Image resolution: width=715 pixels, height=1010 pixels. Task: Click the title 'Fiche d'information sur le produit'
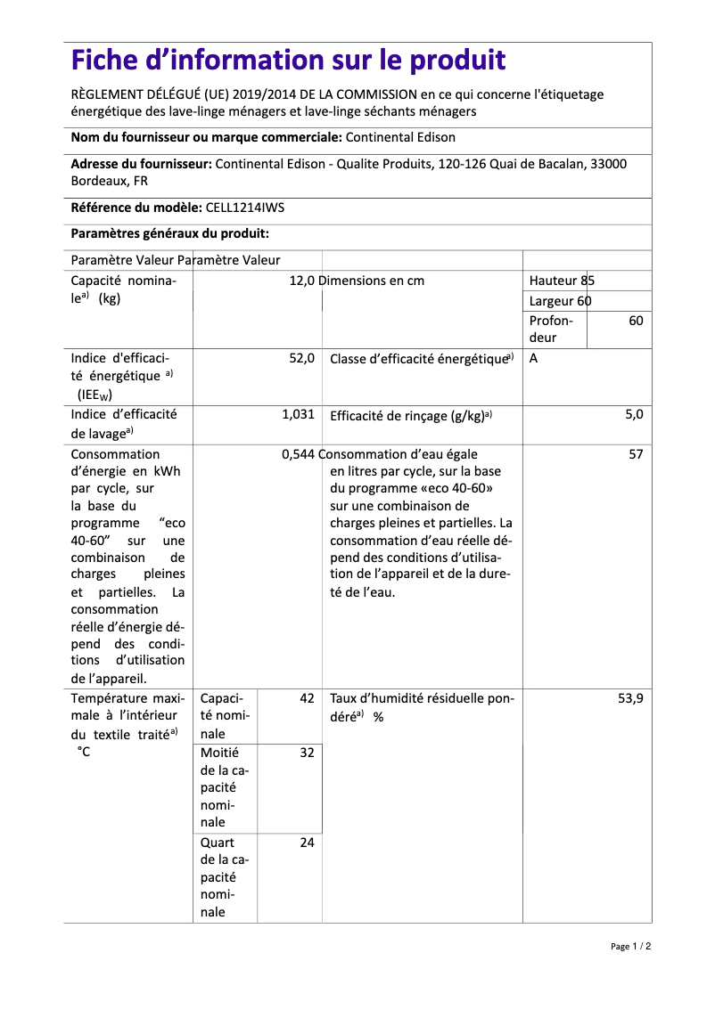point(288,61)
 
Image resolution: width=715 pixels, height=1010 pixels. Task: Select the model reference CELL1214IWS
point(245,208)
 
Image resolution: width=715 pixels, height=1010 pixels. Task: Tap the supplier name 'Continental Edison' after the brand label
point(399,137)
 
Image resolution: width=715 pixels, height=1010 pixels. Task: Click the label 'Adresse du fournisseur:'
point(141,164)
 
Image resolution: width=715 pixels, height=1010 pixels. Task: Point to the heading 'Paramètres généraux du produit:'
point(169,233)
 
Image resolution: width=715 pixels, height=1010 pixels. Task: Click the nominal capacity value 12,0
point(302,281)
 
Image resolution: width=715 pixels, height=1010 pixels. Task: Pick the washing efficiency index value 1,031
point(298,414)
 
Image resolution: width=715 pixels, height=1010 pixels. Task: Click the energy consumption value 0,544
point(298,454)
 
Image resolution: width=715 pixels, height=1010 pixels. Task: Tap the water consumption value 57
point(636,454)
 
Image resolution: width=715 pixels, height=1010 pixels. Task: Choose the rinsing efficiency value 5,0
point(634,414)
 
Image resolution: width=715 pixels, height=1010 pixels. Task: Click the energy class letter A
point(533,358)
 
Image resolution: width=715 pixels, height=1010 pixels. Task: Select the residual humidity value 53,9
point(630,699)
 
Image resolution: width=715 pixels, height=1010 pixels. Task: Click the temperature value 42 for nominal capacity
point(307,699)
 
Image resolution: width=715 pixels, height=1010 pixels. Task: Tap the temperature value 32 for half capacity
point(307,753)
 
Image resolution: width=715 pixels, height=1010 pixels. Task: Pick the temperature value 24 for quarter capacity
point(307,843)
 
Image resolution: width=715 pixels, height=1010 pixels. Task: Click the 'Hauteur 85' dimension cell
point(562,281)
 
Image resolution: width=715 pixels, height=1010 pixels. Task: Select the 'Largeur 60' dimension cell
point(560,301)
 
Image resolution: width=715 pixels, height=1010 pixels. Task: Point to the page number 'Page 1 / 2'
point(630,946)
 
